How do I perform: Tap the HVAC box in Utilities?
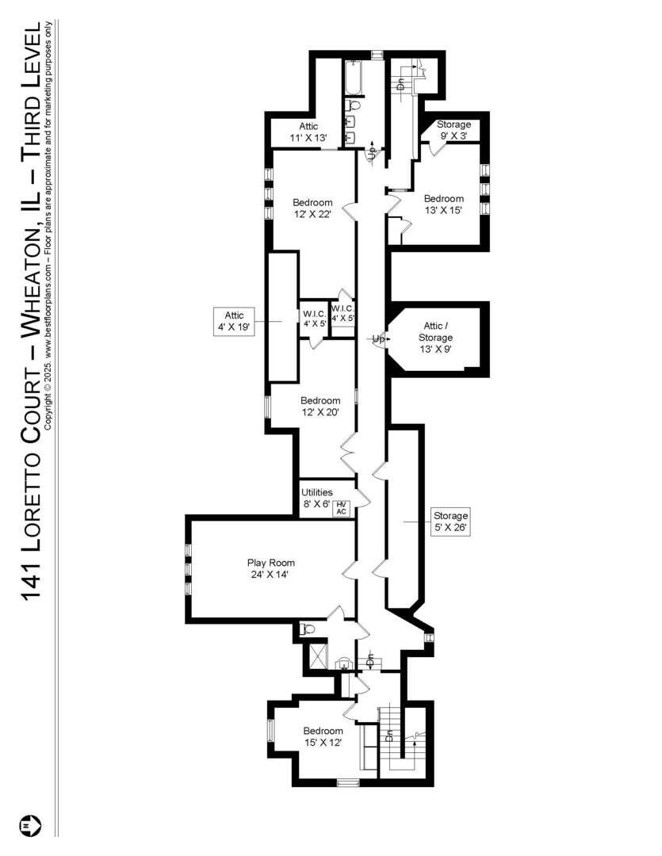[342, 508]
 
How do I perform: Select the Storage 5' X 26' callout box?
[450, 522]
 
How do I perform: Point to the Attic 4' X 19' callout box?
[233, 321]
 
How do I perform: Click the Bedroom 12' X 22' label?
[312, 208]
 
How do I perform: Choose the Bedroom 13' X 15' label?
[443, 204]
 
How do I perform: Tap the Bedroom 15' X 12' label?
[323, 736]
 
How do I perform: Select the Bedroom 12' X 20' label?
[320, 406]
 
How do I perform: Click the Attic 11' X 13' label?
[308, 132]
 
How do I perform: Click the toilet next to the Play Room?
[306, 629]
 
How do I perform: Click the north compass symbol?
[32, 826]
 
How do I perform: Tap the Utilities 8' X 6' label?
[316, 498]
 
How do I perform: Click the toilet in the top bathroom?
[354, 105]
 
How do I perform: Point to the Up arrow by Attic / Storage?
[379, 339]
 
